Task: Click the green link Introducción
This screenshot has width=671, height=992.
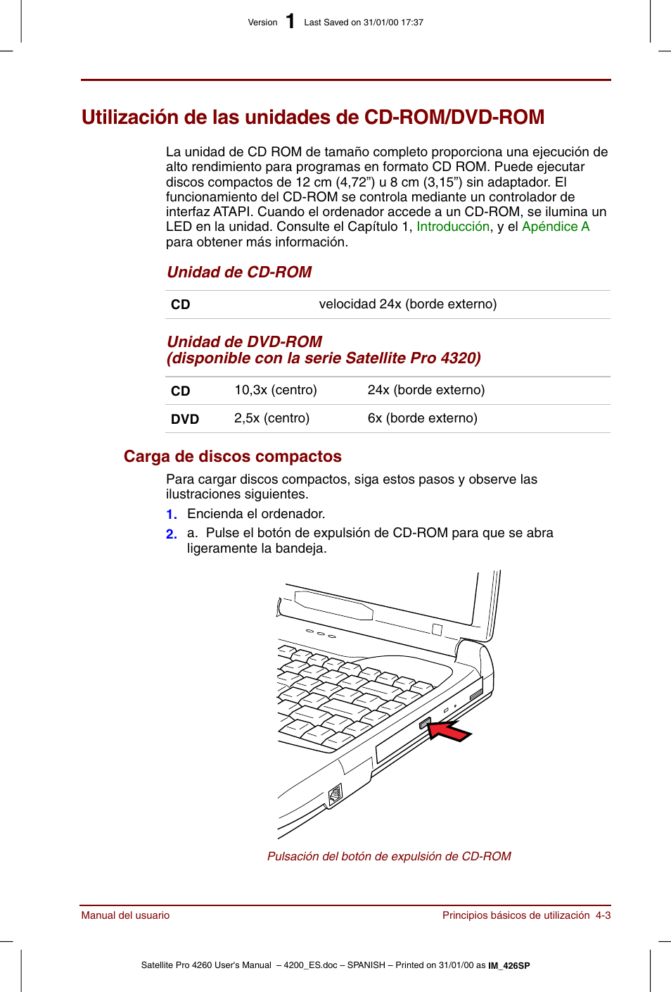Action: (x=453, y=227)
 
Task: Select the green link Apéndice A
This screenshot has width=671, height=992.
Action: (x=555, y=227)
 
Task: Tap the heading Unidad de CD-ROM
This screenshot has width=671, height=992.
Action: (x=239, y=272)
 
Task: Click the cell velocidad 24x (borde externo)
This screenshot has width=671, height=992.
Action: (x=407, y=304)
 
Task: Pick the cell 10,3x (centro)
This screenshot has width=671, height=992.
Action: (x=275, y=390)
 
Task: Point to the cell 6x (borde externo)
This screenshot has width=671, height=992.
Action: (x=422, y=418)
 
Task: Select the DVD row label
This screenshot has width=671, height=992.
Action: (x=184, y=419)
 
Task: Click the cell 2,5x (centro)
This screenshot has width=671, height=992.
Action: (x=271, y=418)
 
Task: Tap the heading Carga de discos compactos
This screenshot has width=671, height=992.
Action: (x=232, y=457)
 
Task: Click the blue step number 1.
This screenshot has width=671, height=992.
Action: (x=171, y=515)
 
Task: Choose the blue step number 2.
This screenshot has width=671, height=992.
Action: (x=171, y=534)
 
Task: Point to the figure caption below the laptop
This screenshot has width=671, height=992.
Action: (x=389, y=856)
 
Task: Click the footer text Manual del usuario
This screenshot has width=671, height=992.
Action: (x=125, y=915)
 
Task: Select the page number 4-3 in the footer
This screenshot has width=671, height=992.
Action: (x=603, y=915)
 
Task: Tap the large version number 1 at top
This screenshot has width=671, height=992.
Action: (x=290, y=22)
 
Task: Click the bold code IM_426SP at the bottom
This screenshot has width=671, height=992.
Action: (x=509, y=966)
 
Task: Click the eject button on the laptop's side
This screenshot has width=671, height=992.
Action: (x=425, y=723)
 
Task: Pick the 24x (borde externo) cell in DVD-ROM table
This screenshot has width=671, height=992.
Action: (x=426, y=390)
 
